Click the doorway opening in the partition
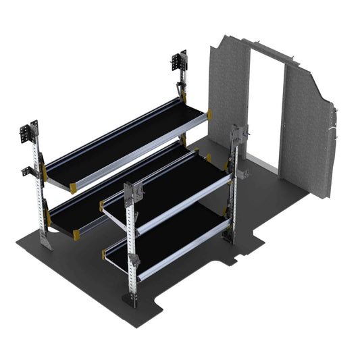[x=265, y=108]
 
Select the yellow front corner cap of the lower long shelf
[x=76, y=234]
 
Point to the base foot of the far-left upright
[x=45, y=244]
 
